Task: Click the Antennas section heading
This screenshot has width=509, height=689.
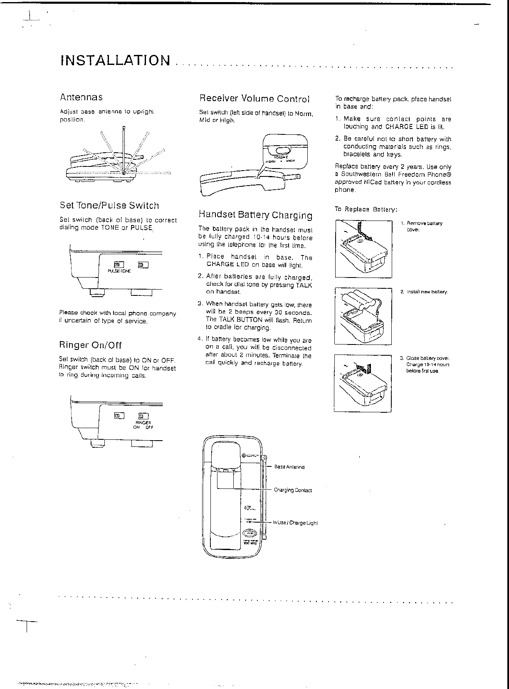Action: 81,97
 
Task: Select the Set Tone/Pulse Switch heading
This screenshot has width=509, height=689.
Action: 109,206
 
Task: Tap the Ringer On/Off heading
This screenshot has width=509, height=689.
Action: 90,345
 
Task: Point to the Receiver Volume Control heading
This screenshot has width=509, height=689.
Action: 254,99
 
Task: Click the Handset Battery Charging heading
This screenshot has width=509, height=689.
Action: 255,215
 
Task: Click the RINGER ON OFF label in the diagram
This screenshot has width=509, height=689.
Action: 143,424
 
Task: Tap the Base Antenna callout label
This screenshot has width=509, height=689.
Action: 289,467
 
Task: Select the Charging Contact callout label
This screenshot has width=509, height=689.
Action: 293,490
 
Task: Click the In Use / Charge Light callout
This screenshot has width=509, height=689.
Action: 295,523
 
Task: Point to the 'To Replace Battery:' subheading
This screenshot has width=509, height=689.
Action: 366,209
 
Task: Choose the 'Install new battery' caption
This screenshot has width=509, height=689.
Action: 426,292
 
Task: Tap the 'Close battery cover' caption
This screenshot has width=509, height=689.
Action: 427,364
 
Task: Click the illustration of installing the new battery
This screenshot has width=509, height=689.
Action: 363,316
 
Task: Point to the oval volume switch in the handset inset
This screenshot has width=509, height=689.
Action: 282,150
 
